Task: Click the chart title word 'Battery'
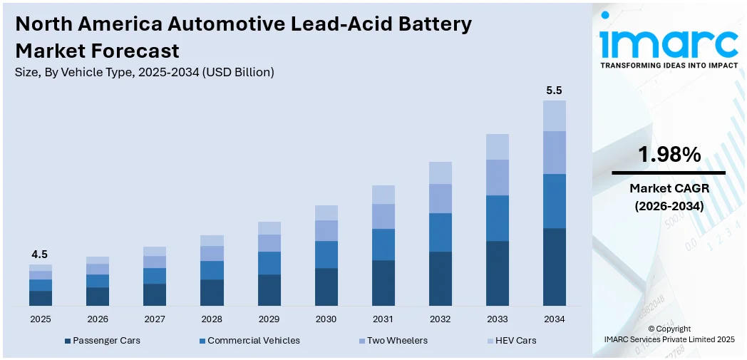(433, 24)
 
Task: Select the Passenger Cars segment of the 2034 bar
(554, 267)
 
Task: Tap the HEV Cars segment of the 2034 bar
(554, 115)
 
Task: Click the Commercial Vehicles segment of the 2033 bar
(497, 218)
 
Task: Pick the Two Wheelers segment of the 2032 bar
(440, 198)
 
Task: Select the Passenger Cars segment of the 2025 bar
(41, 298)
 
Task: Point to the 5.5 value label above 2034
(554, 91)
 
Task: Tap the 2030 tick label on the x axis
(326, 319)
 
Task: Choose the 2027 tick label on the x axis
(155, 319)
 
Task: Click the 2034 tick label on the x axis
(554, 319)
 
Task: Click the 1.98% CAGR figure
(669, 155)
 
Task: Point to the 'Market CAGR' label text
(669, 188)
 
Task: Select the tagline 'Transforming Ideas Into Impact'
(669, 65)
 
